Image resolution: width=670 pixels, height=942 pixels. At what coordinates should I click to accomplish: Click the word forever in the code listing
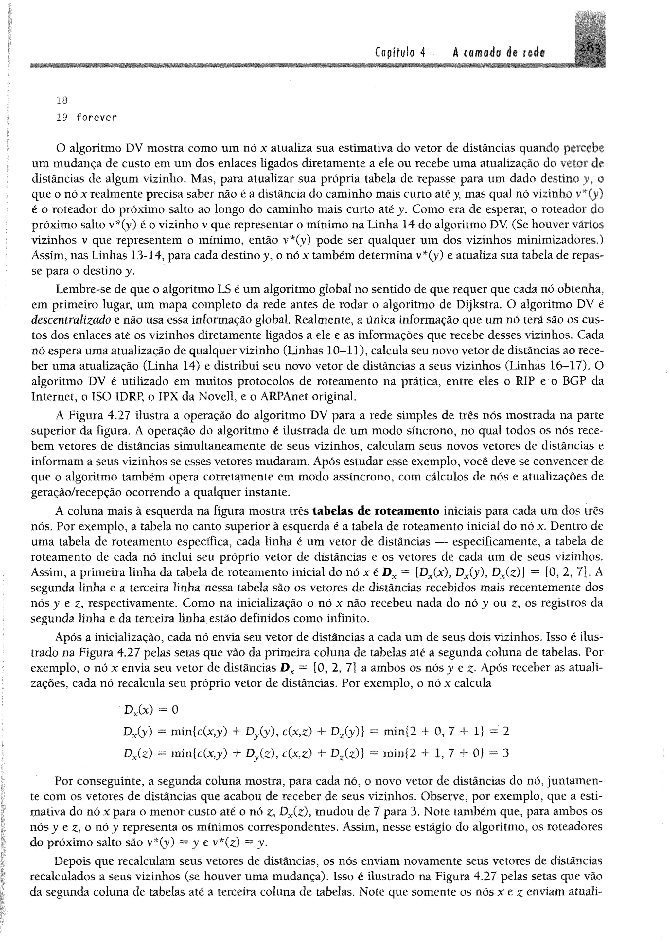click(97, 118)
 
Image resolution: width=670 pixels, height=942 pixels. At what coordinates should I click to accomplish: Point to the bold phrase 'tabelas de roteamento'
click(376, 511)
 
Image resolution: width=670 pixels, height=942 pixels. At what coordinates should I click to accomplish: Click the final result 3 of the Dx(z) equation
click(506, 753)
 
